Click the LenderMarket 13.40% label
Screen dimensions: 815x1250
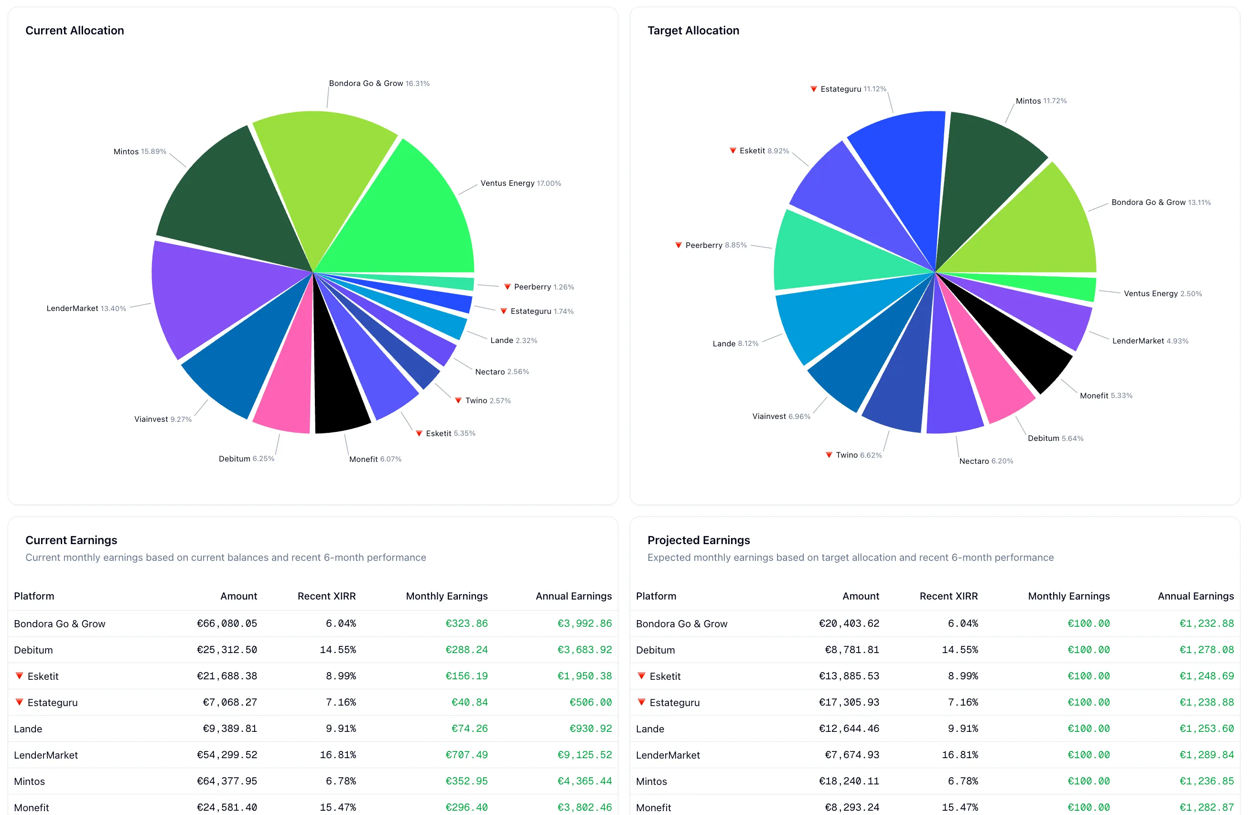point(86,308)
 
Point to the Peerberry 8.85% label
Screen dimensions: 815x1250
point(715,245)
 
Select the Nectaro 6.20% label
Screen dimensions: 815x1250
point(986,461)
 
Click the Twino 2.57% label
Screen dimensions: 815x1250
point(487,401)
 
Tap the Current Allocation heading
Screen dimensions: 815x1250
point(75,31)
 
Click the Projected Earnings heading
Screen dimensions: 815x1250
point(698,540)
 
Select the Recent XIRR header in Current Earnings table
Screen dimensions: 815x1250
point(326,596)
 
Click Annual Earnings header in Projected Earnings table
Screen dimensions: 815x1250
point(1196,596)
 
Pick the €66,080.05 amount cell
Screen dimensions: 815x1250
point(227,623)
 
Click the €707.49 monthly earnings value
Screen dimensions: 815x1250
point(466,755)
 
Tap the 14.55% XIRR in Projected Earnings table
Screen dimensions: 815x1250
point(959,650)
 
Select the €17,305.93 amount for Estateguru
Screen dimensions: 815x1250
point(849,702)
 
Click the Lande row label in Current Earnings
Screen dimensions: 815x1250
point(28,729)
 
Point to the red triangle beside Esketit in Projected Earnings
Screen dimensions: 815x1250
point(641,676)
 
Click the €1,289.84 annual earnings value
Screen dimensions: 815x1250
point(1207,755)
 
